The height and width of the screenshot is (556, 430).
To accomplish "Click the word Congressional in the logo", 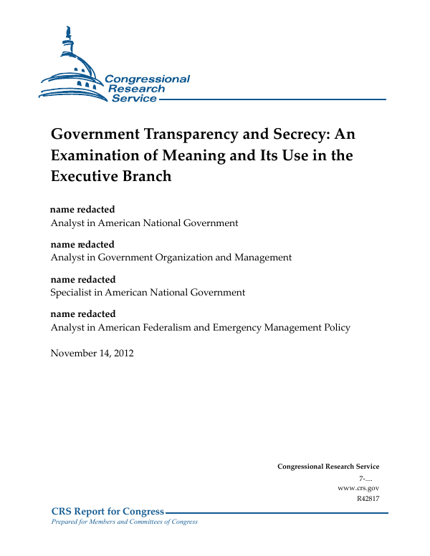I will [148, 79].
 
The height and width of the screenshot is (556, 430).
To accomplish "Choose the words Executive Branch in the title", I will [111, 176].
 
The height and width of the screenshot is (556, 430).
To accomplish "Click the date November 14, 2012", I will [92, 353].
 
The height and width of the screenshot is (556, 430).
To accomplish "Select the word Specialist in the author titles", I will [72, 293].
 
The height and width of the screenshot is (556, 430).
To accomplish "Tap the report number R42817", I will [368, 499].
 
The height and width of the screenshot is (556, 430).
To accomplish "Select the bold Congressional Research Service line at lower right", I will [328, 467].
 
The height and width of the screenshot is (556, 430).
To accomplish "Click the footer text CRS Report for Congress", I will [107, 511].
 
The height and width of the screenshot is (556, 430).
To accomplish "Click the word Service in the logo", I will [134, 99].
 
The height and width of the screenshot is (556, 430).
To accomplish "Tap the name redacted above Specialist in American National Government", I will [82, 280].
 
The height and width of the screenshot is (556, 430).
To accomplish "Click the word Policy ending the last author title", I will [336, 328].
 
